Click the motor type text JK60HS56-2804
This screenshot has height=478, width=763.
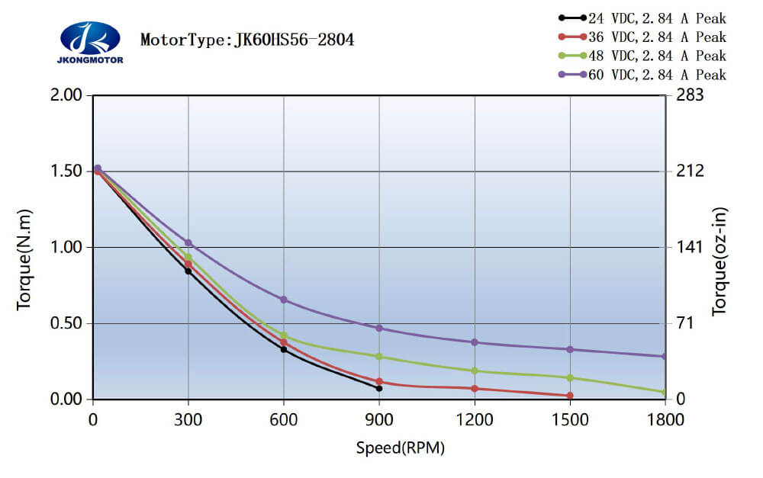(247, 40)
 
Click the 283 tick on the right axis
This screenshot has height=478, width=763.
(690, 95)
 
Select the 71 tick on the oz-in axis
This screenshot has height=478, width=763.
(685, 324)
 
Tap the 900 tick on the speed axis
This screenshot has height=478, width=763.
(379, 419)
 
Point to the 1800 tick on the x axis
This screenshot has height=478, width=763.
(665, 419)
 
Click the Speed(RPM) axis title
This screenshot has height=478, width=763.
(400, 448)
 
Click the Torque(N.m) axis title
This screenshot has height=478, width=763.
(24, 258)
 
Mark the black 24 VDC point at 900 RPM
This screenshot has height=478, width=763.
(379, 388)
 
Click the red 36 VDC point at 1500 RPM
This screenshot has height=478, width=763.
(570, 396)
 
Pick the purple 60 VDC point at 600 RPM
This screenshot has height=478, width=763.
(284, 300)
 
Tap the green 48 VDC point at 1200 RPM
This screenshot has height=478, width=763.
(475, 371)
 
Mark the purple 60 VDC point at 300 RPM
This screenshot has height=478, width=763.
(188, 243)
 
